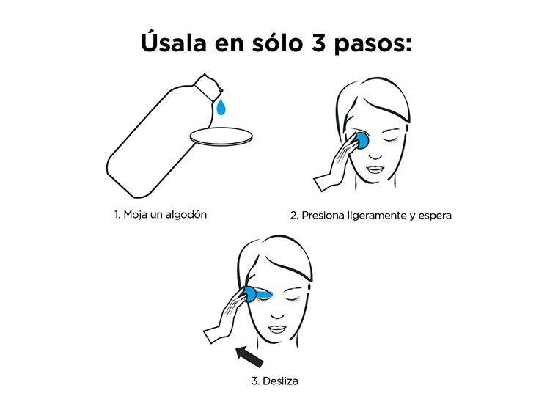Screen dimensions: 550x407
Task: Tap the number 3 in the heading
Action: (x=318, y=43)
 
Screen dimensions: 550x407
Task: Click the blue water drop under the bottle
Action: (x=221, y=106)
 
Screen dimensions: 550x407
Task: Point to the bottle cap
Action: (x=208, y=87)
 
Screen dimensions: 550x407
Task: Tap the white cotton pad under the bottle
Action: (x=221, y=136)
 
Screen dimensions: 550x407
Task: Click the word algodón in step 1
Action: (x=186, y=215)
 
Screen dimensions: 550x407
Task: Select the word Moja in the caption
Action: (x=136, y=215)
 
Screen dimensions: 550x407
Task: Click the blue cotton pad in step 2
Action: (x=362, y=139)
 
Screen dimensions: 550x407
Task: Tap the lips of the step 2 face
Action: (x=375, y=169)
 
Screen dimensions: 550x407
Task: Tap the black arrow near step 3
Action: (x=249, y=356)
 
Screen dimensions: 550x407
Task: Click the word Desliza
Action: (x=280, y=381)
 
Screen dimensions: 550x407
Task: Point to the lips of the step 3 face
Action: (x=277, y=329)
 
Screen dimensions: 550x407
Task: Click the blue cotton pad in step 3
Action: (x=250, y=294)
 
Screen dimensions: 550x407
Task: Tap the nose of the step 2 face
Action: (x=375, y=155)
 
